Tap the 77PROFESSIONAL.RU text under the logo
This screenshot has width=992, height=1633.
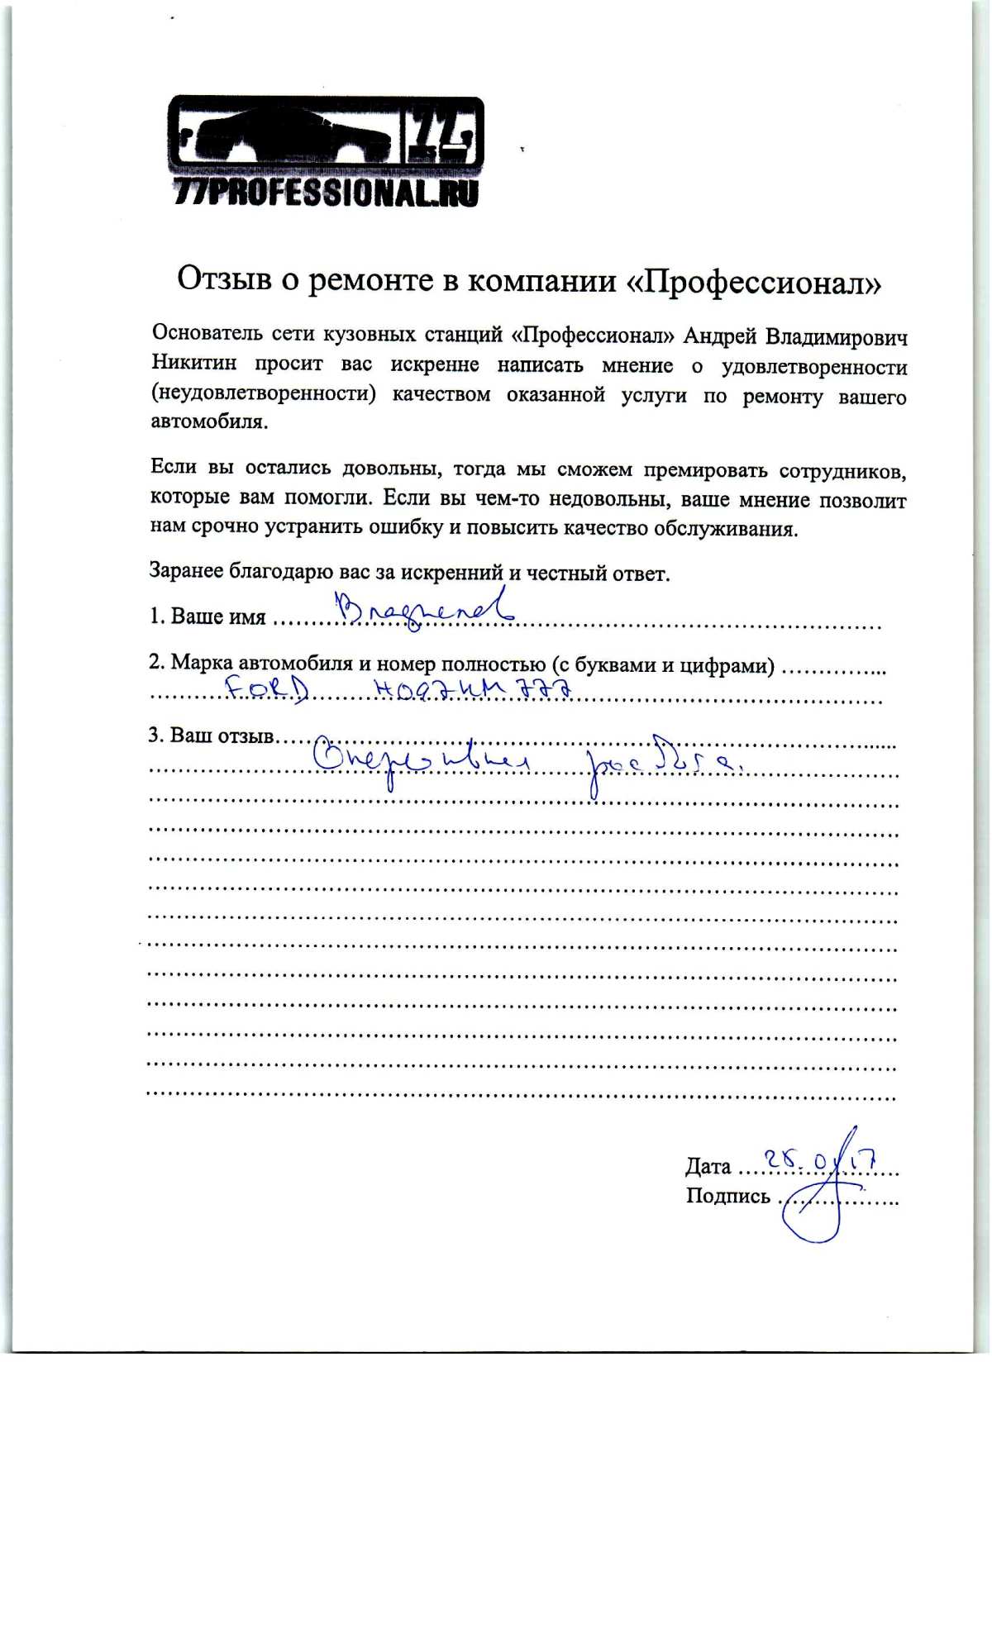(327, 193)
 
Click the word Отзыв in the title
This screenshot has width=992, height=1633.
(224, 279)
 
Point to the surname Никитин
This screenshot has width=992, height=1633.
(194, 363)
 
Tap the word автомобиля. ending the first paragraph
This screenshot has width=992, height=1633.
(209, 422)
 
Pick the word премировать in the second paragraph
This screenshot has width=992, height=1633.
(704, 471)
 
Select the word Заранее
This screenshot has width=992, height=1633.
(188, 571)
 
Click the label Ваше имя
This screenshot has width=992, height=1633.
(218, 617)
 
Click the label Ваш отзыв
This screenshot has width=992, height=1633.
(222, 736)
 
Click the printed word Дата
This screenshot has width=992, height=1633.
(708, 1167)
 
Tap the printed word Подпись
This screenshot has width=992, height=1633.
(727, 1197)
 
